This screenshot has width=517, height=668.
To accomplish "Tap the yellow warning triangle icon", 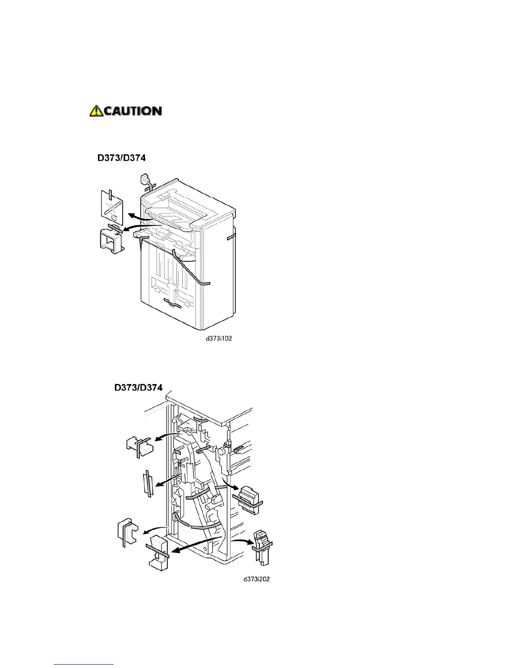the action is click(x=96, y=111).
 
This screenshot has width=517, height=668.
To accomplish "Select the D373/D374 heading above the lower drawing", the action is click(x=139, y=387).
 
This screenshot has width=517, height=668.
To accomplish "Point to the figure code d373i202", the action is click(x=256, y=579).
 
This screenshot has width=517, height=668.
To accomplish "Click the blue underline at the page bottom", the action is click(x=84, y=664).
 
